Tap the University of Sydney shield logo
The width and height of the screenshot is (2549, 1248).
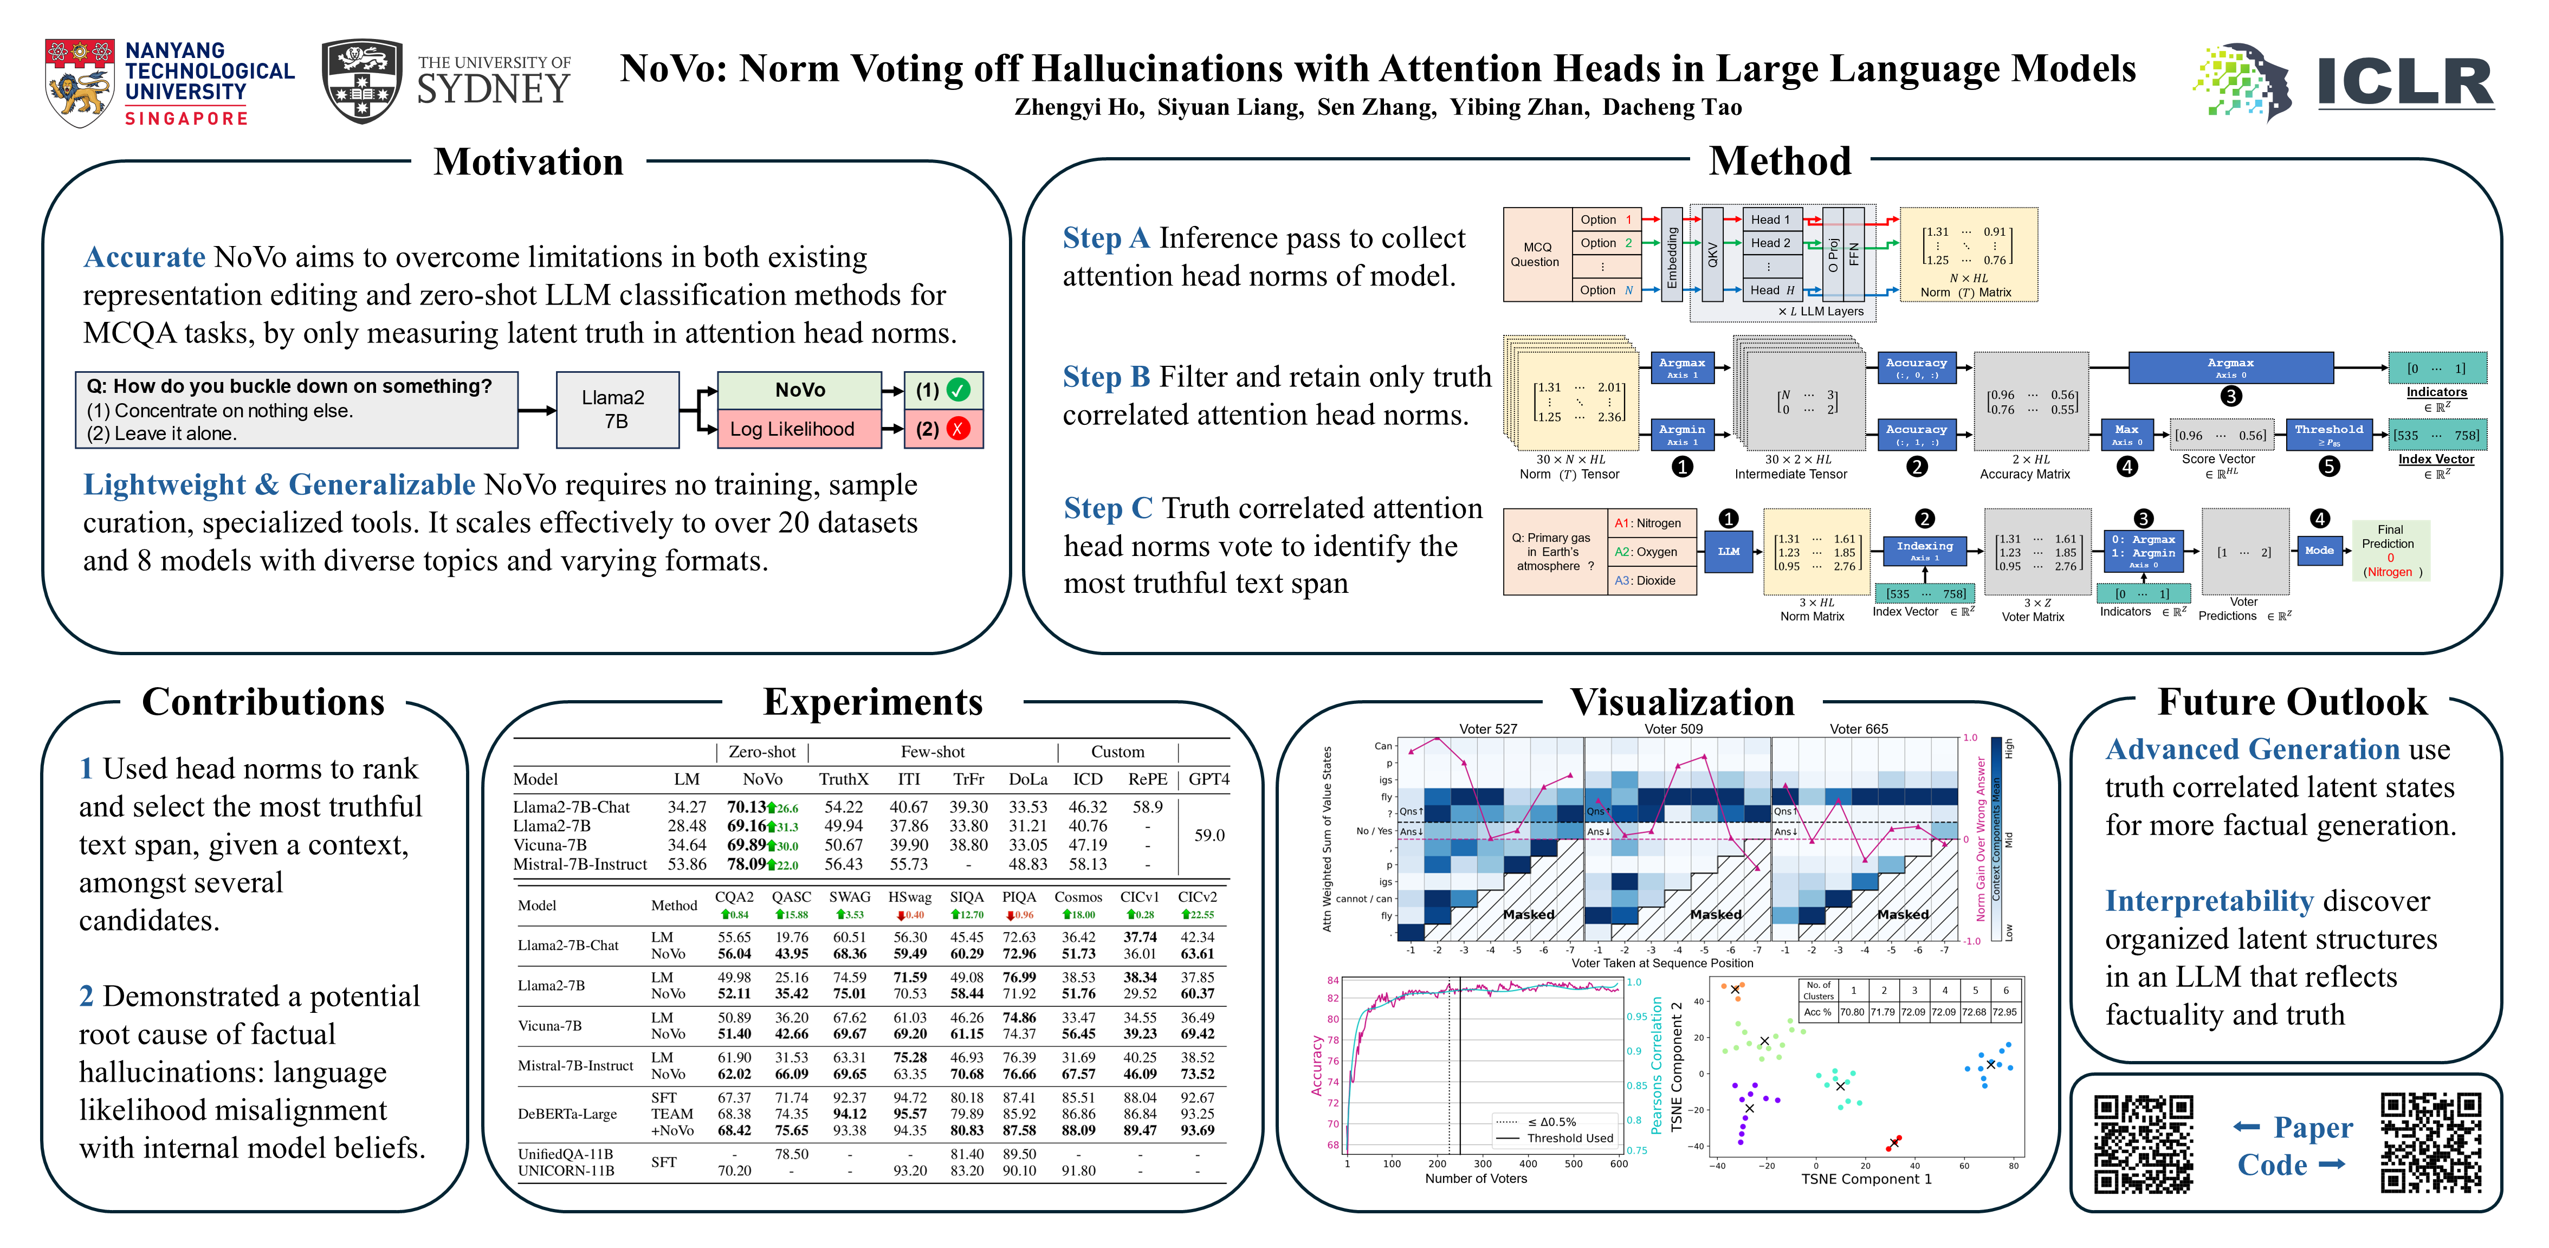[x=362, y=81]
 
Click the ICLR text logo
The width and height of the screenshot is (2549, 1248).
[x=2404, y=82]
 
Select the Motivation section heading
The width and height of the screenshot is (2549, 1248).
[x=528, y=161]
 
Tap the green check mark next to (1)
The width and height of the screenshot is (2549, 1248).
[x=958, y=390]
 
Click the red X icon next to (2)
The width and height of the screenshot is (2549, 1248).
[x=958, y=429]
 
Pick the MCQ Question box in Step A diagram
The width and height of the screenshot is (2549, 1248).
[x=1535, y=254]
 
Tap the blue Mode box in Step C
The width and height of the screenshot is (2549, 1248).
[x=2319, y=550]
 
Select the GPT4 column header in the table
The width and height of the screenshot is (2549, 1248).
[x=1208, y=779]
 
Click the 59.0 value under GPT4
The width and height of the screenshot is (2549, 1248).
[x=1208, y=835]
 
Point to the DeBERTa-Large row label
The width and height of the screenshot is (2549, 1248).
[x=567, y=1114]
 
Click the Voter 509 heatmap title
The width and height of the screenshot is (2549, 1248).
[x=1673, y=728]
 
